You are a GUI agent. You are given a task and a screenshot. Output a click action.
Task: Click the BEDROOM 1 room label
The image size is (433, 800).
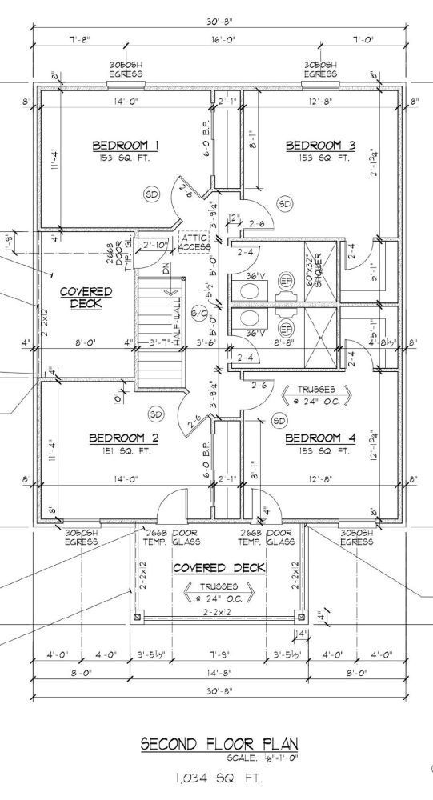pyautogui.click(x=126, y=145)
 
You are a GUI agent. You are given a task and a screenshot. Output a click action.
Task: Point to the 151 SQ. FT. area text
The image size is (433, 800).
pyautogui.click(x=123, y=451)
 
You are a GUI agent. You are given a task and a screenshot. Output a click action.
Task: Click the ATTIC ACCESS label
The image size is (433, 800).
pyautogui.click(x=194, y=242)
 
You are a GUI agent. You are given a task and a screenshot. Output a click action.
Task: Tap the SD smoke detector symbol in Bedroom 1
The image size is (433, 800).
pyautogui.click(x=151, y=193)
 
